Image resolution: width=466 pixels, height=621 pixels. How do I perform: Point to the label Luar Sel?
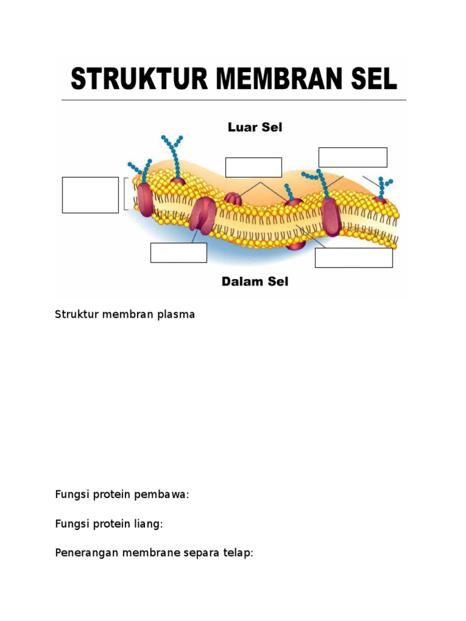point(255,127)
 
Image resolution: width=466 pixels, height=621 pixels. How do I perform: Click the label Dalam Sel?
point(255,281)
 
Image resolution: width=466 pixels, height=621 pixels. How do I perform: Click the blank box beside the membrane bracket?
point(90,195)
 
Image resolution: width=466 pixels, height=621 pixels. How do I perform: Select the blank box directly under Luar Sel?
point(254,167)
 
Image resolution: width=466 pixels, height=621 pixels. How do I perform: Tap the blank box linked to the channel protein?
point(178,253)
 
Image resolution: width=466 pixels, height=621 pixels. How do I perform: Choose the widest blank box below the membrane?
point(354,258)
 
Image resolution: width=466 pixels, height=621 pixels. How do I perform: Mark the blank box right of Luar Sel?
point(353,157)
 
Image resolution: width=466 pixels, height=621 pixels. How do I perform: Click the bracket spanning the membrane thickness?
point(126,193)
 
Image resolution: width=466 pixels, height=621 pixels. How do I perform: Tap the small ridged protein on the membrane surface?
point(233,198)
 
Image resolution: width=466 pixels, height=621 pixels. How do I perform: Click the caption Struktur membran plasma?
point(124,315)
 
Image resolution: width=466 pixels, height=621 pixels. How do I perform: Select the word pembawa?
point(167,495)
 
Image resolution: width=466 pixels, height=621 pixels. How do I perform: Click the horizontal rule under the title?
point(234,100)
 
